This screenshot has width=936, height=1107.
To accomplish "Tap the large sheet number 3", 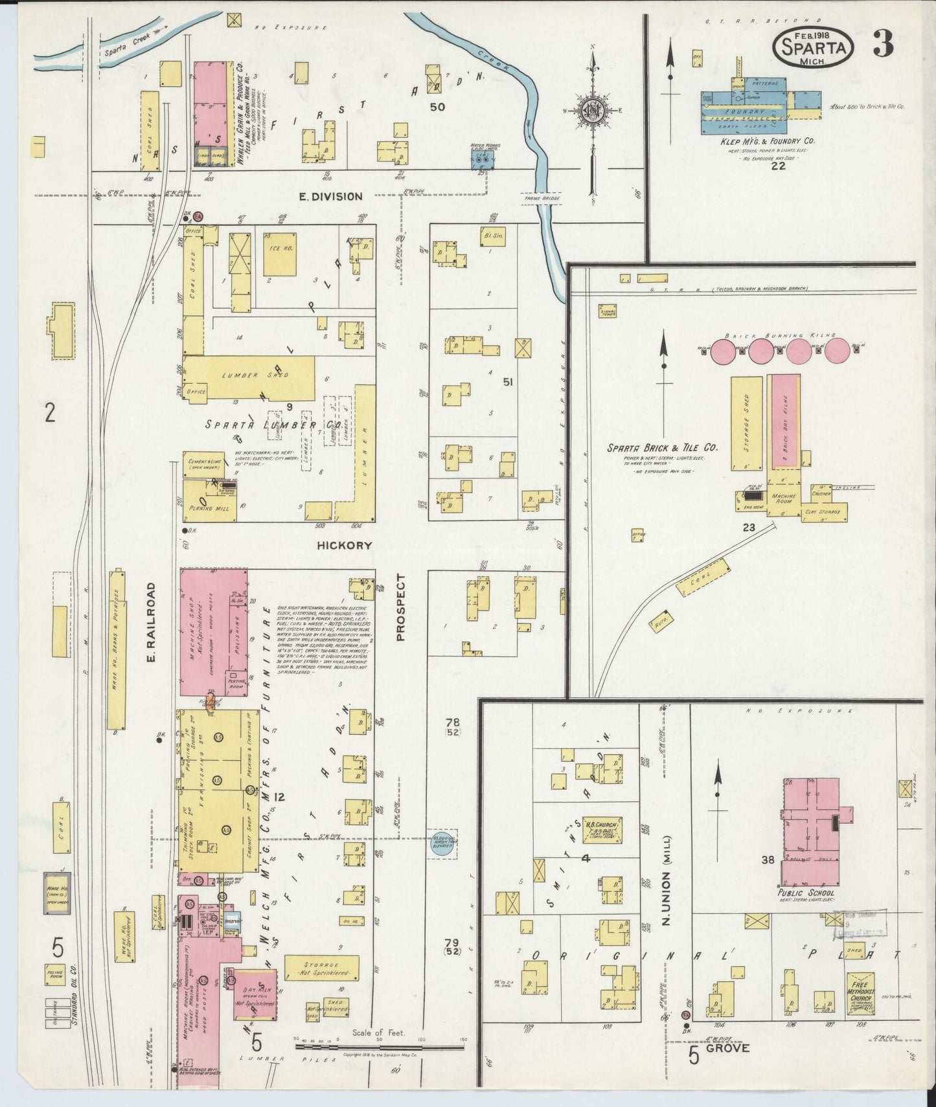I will (884, 43).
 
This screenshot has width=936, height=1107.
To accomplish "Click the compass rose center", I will (591, 110).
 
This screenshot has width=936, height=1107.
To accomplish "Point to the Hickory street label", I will (344, 546).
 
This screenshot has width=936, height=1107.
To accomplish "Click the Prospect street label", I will (400, 607).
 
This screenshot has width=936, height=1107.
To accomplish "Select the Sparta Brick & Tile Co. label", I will (661, 447).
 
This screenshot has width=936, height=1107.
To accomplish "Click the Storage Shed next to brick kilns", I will (746, 423).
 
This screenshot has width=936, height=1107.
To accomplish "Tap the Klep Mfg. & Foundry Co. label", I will (768, 140).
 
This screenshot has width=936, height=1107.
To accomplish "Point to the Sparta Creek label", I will (128, 47).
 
